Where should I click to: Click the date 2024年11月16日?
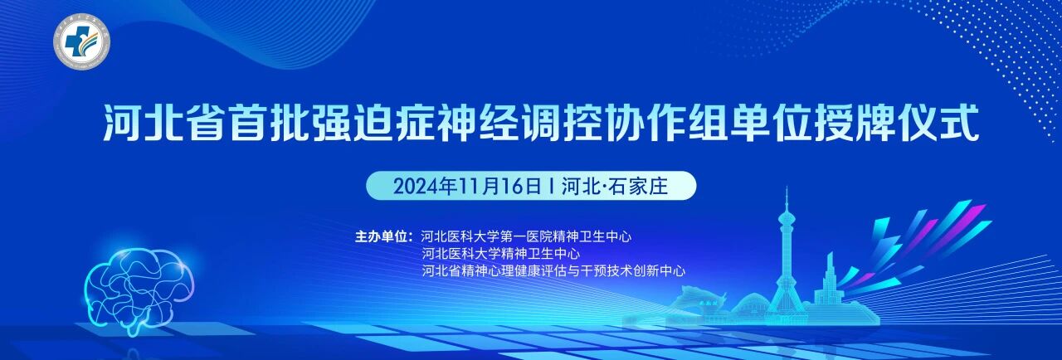click(x=467, y=186)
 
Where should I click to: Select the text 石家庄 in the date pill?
click(x=638, y=186)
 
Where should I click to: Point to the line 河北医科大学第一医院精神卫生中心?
click(x=526, y=236)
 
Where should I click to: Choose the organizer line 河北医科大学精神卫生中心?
click(x=500, y=254)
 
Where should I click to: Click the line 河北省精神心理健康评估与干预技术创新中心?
click(x=553, y=271)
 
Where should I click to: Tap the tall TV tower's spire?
click(x=787, y=200)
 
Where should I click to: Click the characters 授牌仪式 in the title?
click(x=897, y=123)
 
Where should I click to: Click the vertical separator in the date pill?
click(x=551, y=187)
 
